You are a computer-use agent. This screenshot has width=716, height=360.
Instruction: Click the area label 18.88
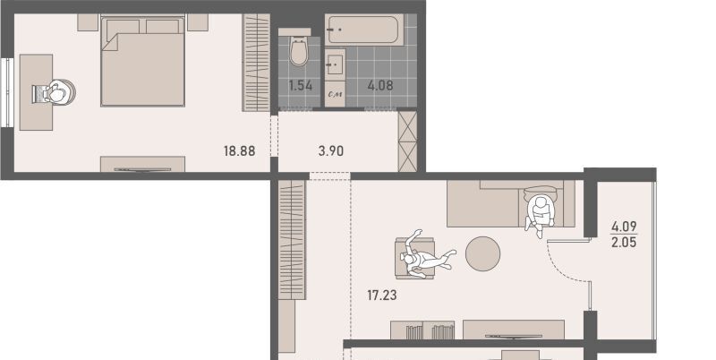point(239,150)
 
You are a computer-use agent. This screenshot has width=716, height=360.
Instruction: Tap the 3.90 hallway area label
point(331,150)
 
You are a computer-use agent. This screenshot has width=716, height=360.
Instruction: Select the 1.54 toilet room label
point(301,85)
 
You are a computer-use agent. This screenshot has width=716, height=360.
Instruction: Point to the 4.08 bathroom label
point(380,85)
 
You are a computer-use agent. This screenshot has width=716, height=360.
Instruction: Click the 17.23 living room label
point(382,296)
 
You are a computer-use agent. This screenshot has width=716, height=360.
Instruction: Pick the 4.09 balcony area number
point(624,227)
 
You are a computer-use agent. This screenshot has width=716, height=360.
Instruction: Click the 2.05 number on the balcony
point(624,242)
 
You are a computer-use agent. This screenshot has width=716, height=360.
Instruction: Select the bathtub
point(364,30)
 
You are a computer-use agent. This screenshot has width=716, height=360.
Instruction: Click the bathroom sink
point(335,64)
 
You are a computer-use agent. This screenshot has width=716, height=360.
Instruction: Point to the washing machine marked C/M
point(335,95)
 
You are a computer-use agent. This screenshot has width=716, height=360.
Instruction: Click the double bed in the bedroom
point(143,61)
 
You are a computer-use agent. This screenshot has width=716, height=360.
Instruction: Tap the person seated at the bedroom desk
point(55,93)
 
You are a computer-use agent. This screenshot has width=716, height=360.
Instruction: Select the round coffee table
point(482,253)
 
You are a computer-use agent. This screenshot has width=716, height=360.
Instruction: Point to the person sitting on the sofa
point(541,213)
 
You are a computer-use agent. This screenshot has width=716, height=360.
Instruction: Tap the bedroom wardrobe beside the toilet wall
point(256,62)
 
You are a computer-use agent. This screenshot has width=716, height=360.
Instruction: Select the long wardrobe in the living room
point(292,240)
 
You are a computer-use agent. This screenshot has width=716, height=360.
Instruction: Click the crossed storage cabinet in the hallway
point(407,141)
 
